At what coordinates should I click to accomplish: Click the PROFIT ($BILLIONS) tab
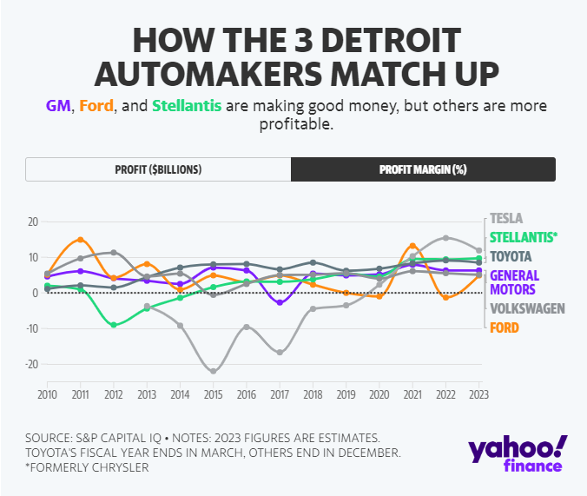click(x=158, y=169)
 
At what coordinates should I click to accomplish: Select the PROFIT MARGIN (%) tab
click(x=423, y=169)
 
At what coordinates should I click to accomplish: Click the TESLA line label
click(x=507, y=219)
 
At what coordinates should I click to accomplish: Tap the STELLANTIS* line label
click(x=524, y=237)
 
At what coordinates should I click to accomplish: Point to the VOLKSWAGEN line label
click(x=528, y=308)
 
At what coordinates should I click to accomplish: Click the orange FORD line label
click(x=505, y=327)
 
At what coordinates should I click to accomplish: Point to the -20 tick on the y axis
click(x=31, y=364)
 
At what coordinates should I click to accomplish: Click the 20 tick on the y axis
click(x=33, y=222)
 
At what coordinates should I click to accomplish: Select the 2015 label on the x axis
click(x=214, y=394)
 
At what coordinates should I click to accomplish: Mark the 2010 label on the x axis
click(x=47, y=394)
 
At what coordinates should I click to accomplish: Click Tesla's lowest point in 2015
click(x=214, y=371)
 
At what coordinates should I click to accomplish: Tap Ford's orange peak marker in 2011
click(x=80, y=240)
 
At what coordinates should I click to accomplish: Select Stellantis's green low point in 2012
click(x=114, y=324)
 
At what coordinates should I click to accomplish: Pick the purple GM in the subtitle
click(x=58, y=106)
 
